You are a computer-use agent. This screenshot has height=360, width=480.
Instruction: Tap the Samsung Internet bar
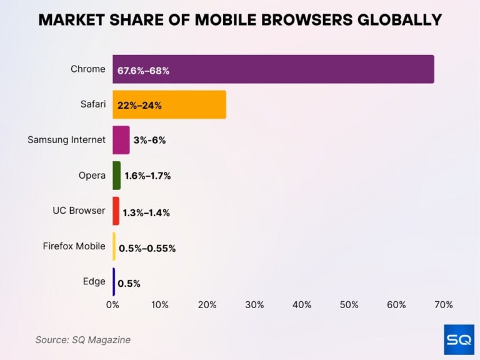(x=121, y=140)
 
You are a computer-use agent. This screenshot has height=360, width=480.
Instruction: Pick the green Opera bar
(x=116, y=176)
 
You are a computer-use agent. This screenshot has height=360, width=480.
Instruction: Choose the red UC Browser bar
(x=116, y=211)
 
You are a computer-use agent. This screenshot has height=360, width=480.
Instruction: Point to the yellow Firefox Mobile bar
(x=114, y=246)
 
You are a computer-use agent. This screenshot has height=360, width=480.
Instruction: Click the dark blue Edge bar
(x=114, y=282)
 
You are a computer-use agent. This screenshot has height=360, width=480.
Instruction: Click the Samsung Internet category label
(x=66, y=140)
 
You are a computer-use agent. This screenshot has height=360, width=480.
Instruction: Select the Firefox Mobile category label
(x=74, y=246)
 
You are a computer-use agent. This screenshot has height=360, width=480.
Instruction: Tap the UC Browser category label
(x=79, y=211)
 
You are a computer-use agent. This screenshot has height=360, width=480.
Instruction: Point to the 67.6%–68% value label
(x=143, y=71)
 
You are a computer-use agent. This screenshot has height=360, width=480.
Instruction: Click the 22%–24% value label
(x=139, y=106)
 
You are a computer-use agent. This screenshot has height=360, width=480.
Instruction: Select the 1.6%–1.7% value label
(x=147, y=176)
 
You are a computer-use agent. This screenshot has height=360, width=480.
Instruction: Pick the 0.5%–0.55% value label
(x=147, y=249)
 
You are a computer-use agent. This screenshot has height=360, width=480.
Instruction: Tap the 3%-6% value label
(x=149, y=141)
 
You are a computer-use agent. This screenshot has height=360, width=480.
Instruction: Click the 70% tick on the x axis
(x=443, y=305)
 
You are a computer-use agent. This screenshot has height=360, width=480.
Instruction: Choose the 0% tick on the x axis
(x=112, y=305)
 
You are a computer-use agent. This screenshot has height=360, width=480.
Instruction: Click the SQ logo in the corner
(x=459, y=339)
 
